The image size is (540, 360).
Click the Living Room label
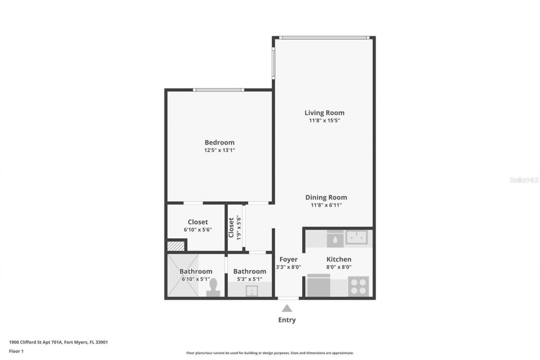(324, 113)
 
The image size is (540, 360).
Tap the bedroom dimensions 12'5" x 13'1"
(219, 150)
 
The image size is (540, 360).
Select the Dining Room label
(326, 197)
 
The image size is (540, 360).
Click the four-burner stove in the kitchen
(358, 286)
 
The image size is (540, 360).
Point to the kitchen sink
(356, 237)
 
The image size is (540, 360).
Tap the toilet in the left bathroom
(213, 287)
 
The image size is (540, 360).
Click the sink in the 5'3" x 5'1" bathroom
(252, 290)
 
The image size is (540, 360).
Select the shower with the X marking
(183, 275)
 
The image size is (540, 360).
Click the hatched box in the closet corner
(176, 246)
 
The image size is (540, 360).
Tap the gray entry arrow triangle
(287, 309)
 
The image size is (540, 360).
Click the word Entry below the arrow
(287, 320)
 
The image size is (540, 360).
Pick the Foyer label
(289, 259)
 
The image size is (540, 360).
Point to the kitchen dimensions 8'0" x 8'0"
(339, 267)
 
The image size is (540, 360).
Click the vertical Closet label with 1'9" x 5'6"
(235, 227)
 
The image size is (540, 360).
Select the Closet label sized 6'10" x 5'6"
(197, 222)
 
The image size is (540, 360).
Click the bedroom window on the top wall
(219, 90)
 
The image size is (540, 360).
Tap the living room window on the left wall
(273, 63)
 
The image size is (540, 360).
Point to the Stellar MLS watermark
(524, 180)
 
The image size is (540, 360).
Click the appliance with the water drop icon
(335, 239)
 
